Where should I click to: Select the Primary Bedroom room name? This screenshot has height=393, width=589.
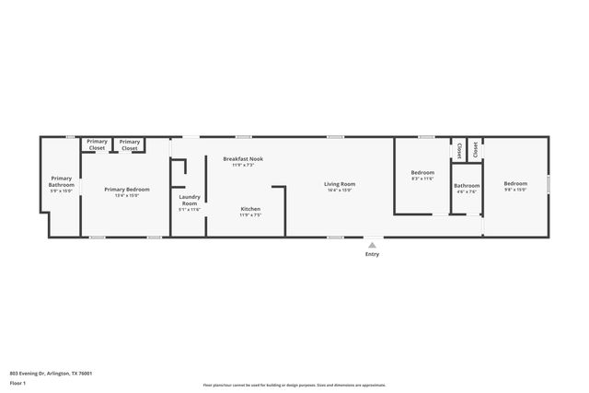click(126, 188)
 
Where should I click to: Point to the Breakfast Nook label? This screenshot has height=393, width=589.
click(243, 158)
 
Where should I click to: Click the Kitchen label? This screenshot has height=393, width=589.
click(250, 209)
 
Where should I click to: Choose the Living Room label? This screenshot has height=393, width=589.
click(340, 184)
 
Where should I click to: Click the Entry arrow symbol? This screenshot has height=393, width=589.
click(372, 245)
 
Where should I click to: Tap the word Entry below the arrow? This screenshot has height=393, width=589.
click(372, 254)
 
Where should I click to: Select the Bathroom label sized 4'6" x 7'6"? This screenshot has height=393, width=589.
click(467, 186)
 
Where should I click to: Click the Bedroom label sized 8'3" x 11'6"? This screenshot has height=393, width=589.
click(422, 173)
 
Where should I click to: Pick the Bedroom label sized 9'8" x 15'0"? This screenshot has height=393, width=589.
click(515, 183)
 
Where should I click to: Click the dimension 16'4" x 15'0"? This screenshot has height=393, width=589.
click(340, 191)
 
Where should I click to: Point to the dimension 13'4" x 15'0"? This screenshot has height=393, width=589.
click(126, 195)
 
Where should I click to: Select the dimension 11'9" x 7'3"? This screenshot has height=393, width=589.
click(243, 166)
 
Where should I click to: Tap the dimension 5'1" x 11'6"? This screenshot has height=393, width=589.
click(190, 210)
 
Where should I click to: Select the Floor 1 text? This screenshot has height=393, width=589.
click(17, 382)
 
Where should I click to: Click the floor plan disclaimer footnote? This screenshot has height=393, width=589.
click(294, 386)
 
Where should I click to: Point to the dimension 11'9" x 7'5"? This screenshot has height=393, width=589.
click(250, 215)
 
